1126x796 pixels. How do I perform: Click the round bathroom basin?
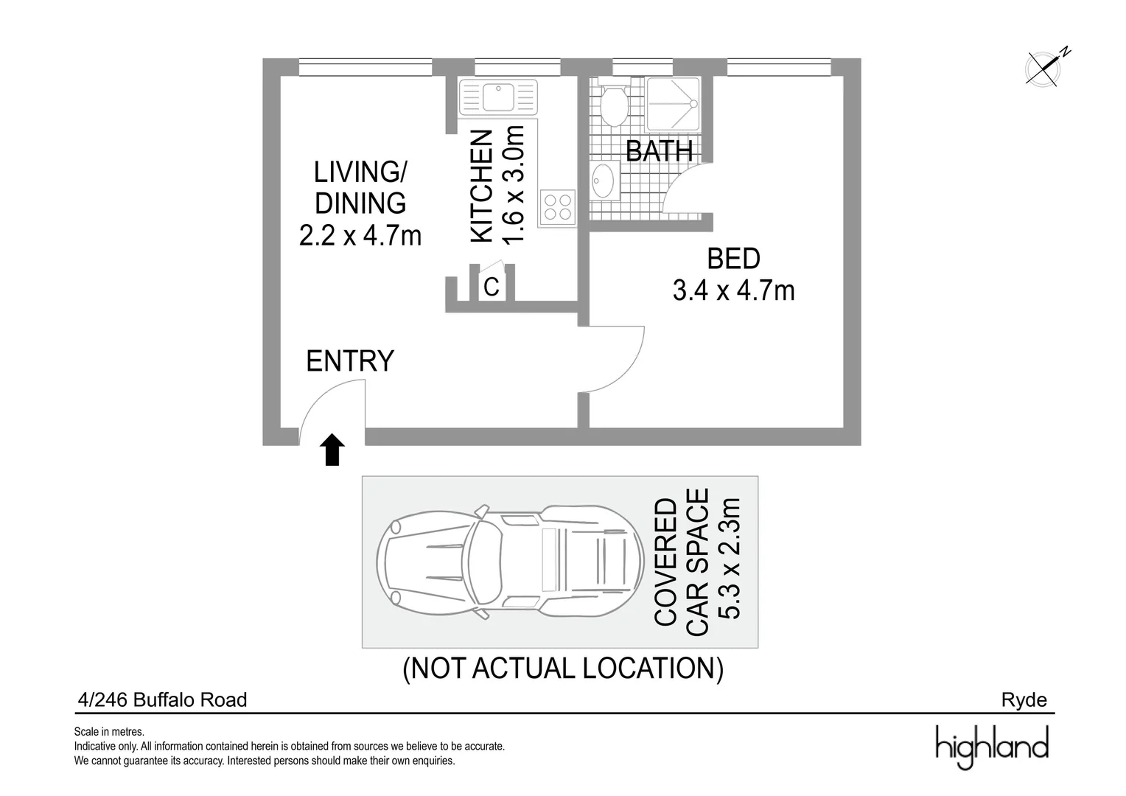tap(604, 181)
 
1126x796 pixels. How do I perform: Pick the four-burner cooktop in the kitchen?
tap(557, 206)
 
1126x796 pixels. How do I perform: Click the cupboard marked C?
tap(492, 286)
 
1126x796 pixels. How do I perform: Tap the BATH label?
tap(659, 151)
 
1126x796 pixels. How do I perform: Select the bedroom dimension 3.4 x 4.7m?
tap(733, 291)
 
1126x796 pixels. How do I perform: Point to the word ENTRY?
tap(350, 361)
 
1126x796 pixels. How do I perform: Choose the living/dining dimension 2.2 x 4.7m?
tap(360, 236)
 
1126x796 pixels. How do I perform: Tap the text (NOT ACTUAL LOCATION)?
tap(563, 668)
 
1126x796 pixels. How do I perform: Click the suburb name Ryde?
tap(1024, 700)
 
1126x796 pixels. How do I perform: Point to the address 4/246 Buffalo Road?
tap(162, 700)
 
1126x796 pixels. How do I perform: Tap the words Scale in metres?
tap(109, 732)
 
